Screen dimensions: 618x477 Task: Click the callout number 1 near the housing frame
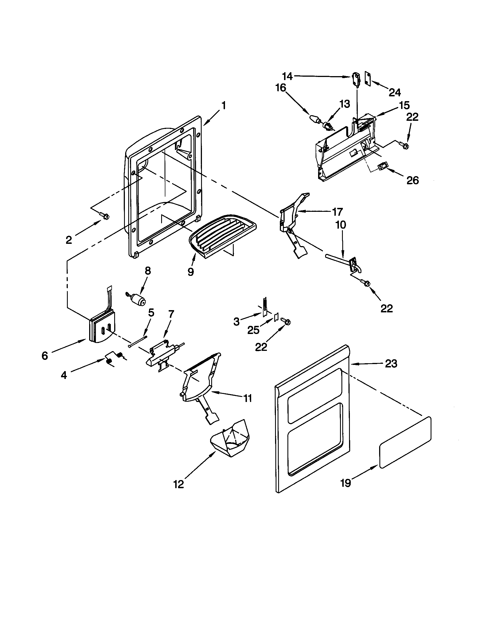click(224, 106)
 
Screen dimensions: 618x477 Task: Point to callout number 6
click(45, 356)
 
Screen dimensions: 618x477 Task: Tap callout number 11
click(248, 398)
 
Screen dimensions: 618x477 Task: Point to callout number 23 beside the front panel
click(391, 364)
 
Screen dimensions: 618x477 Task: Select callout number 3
click(236, 321)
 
